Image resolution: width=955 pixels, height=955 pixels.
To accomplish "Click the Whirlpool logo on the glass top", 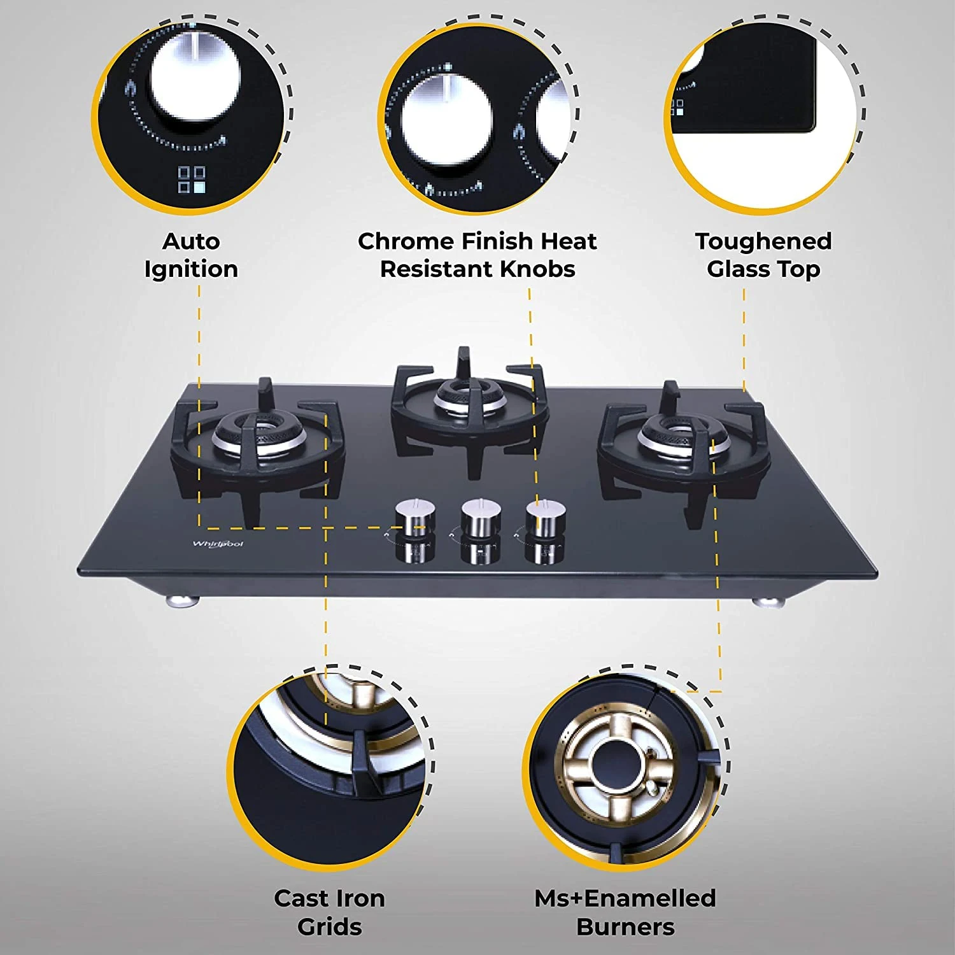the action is pos(218,544).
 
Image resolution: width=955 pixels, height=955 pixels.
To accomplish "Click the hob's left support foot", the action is pos(181,600).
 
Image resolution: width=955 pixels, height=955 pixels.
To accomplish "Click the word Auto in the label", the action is pos(191,241).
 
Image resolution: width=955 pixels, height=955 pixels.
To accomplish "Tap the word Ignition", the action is pos(191,270).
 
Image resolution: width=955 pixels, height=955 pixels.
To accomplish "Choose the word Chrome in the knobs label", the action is pos(406,241).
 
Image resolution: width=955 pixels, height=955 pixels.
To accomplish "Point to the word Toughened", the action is pos(763,242).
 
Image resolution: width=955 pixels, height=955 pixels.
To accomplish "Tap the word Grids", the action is pos(329,927).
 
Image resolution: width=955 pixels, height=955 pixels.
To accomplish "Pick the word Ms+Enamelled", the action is pos(625,898).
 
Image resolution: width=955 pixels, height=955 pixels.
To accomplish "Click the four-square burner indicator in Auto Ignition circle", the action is pos(192,180).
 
